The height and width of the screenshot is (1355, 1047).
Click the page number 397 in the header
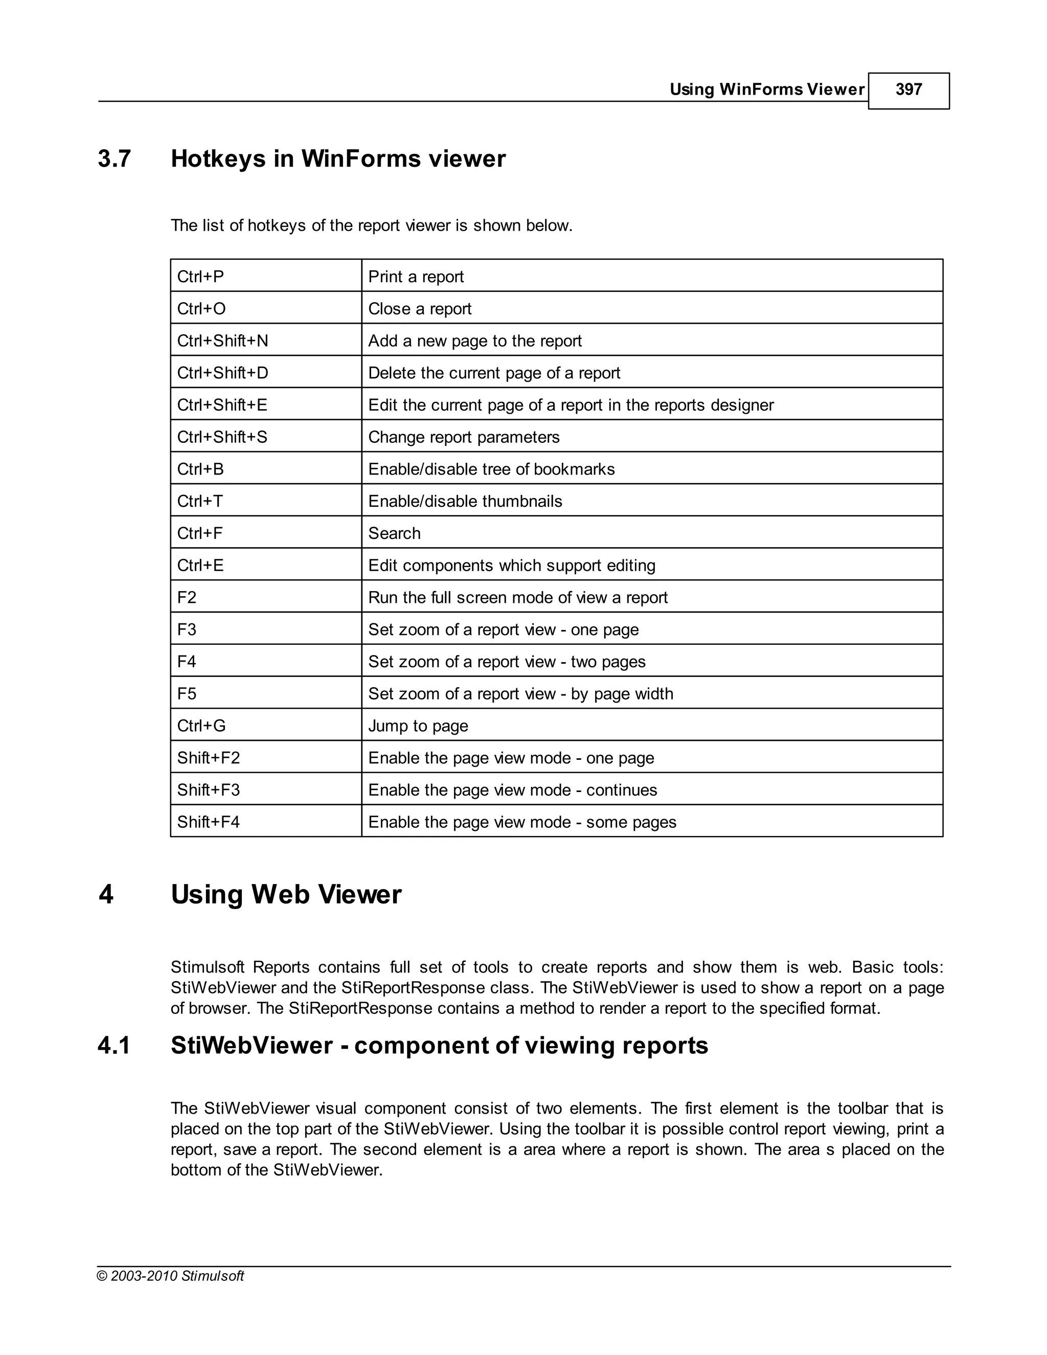[908, 90]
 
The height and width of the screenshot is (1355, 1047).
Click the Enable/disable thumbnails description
[465, 501]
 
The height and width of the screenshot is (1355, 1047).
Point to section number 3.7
[114, 159]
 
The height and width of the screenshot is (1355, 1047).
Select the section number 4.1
[114, 1046]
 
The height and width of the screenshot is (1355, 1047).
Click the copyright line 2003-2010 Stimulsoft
[171, 1276]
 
